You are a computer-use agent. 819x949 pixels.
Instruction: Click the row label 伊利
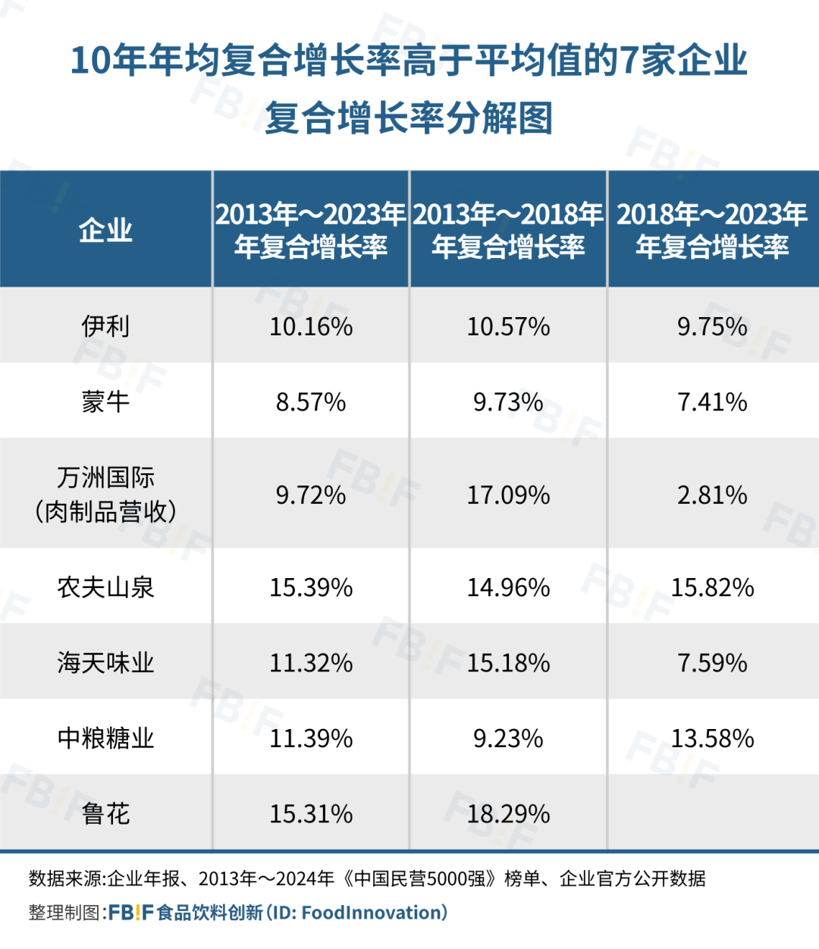[105, 326]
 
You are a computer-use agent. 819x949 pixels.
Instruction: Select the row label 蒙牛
[105, 401]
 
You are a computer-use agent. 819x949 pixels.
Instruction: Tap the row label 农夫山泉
[105, 587]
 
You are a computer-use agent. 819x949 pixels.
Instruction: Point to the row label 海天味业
[105, 662]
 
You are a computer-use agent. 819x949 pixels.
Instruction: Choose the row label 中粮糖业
[105, 737]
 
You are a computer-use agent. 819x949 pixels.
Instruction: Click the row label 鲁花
[105, 813]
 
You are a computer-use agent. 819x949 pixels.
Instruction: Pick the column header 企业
[105, 230]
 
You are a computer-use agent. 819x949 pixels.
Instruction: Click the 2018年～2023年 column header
[712, 230]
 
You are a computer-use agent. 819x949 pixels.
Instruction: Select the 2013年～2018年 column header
[508, 230]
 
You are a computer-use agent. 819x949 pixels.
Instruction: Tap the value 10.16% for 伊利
[311, 326]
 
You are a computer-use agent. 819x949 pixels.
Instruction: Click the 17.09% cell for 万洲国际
[508, 495]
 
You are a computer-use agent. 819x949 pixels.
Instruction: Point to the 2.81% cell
[712, 495]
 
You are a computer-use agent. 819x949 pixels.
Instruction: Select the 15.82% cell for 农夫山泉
[712, 587]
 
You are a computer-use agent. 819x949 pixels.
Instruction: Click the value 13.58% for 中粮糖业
[712, 737]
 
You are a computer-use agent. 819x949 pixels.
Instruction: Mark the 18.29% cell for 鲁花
[508, 813]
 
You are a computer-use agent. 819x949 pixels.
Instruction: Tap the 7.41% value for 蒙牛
[712, 401]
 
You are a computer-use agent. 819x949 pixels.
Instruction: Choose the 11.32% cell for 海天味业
[311, 662]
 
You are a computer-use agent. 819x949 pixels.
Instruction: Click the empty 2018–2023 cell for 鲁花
[712, 813]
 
